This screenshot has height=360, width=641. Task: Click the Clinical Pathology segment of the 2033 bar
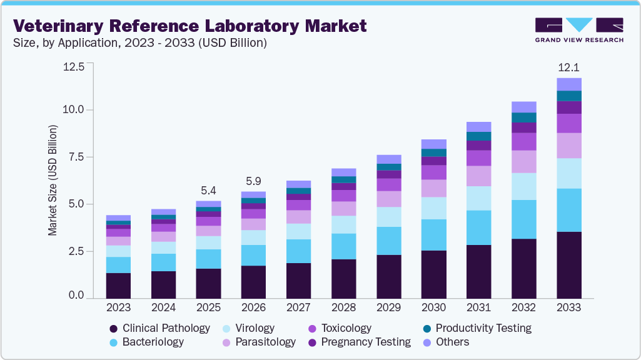[x=568, y=264]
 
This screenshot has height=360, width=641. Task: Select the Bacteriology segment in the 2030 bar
[x=433, y=235]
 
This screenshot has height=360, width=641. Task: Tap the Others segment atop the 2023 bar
[x=118, y=217]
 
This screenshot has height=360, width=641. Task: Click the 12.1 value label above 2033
[x=568, y=66]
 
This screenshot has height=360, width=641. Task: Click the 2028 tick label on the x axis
[x=343, y=307]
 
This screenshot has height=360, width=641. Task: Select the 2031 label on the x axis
[x=478, y=307]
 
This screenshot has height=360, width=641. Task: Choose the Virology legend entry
[x=254, y=328]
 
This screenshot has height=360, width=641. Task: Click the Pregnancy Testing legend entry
[x=365, y=342]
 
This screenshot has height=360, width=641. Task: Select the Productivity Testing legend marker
[x=426, y=328]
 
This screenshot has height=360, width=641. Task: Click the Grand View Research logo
[x=579, y=29]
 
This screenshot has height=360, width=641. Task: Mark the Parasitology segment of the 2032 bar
[x=523, y=161]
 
